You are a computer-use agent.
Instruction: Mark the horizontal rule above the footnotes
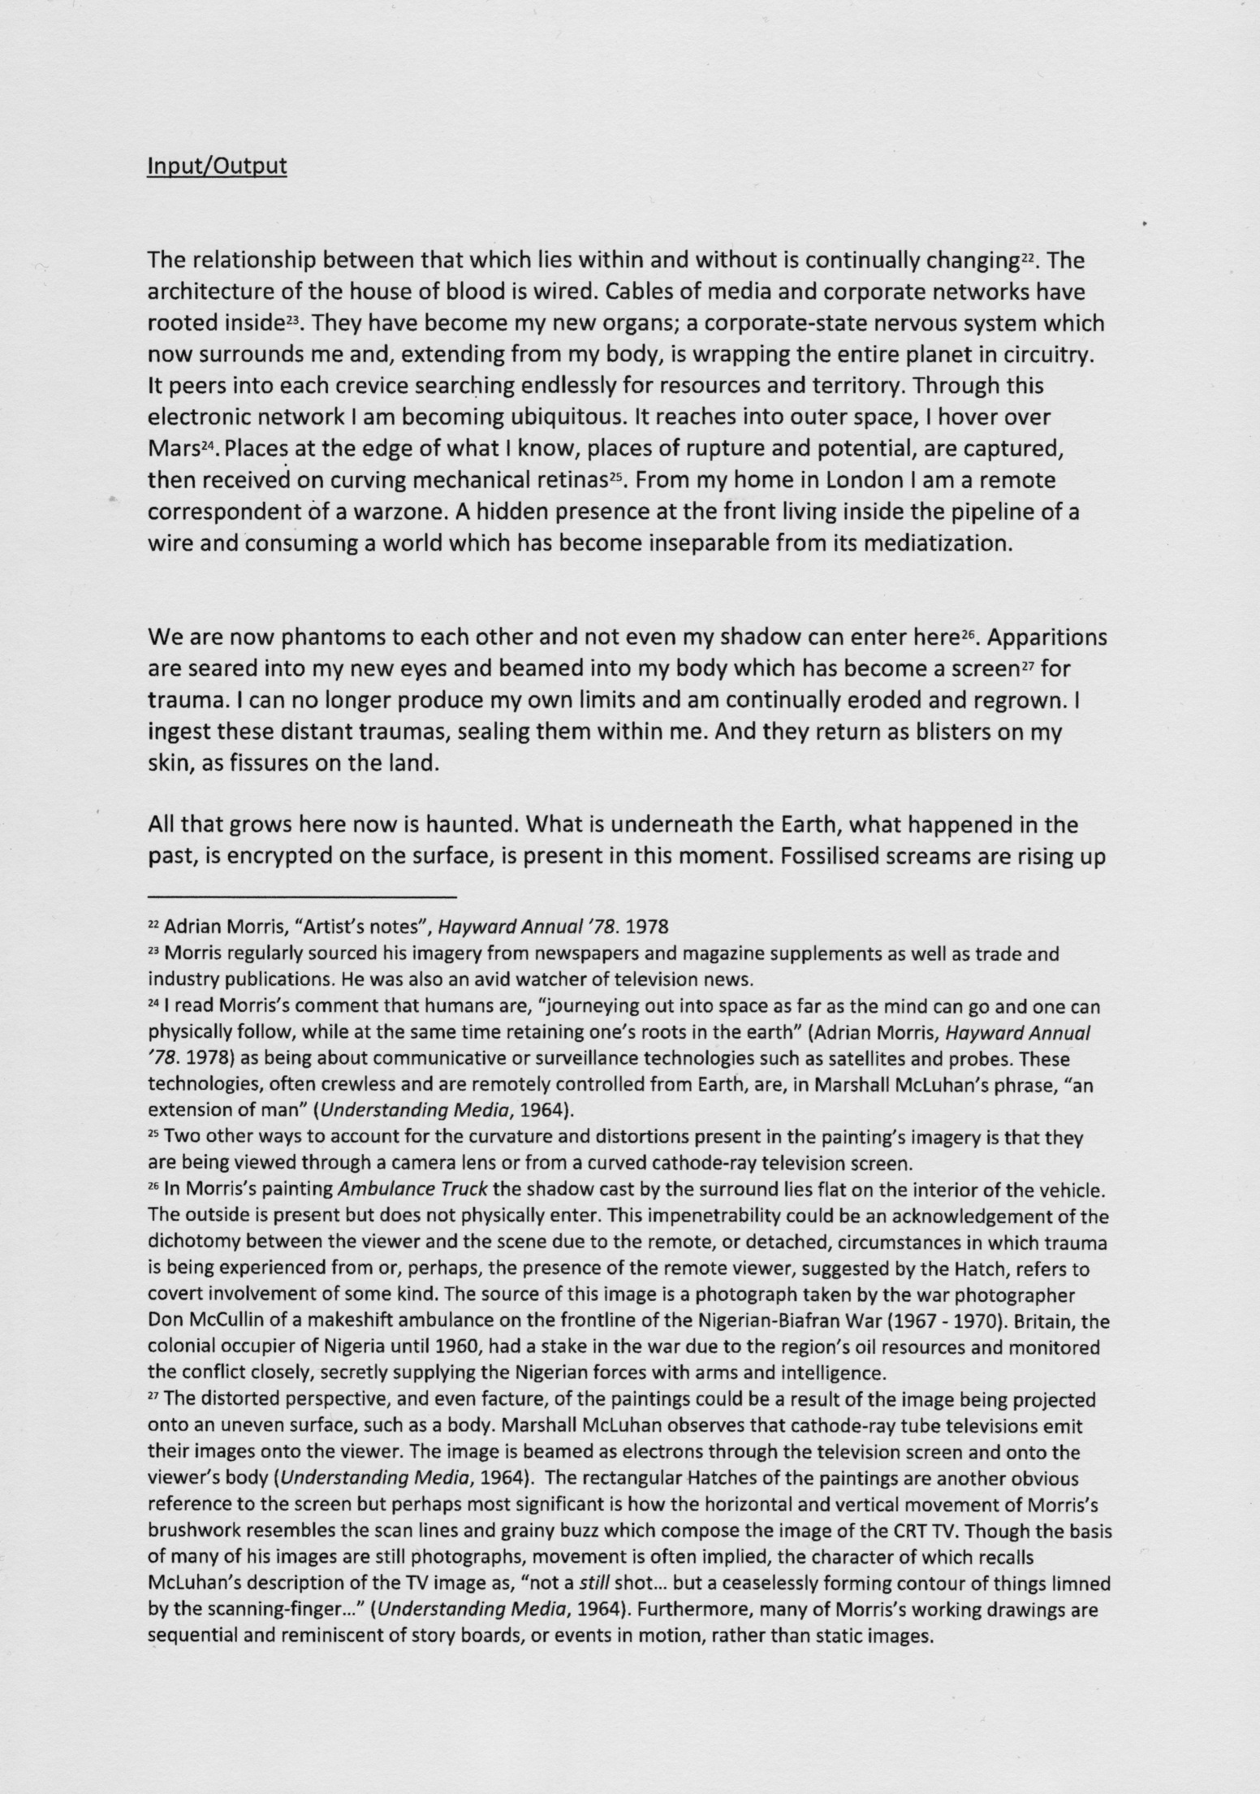click(302, 897)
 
